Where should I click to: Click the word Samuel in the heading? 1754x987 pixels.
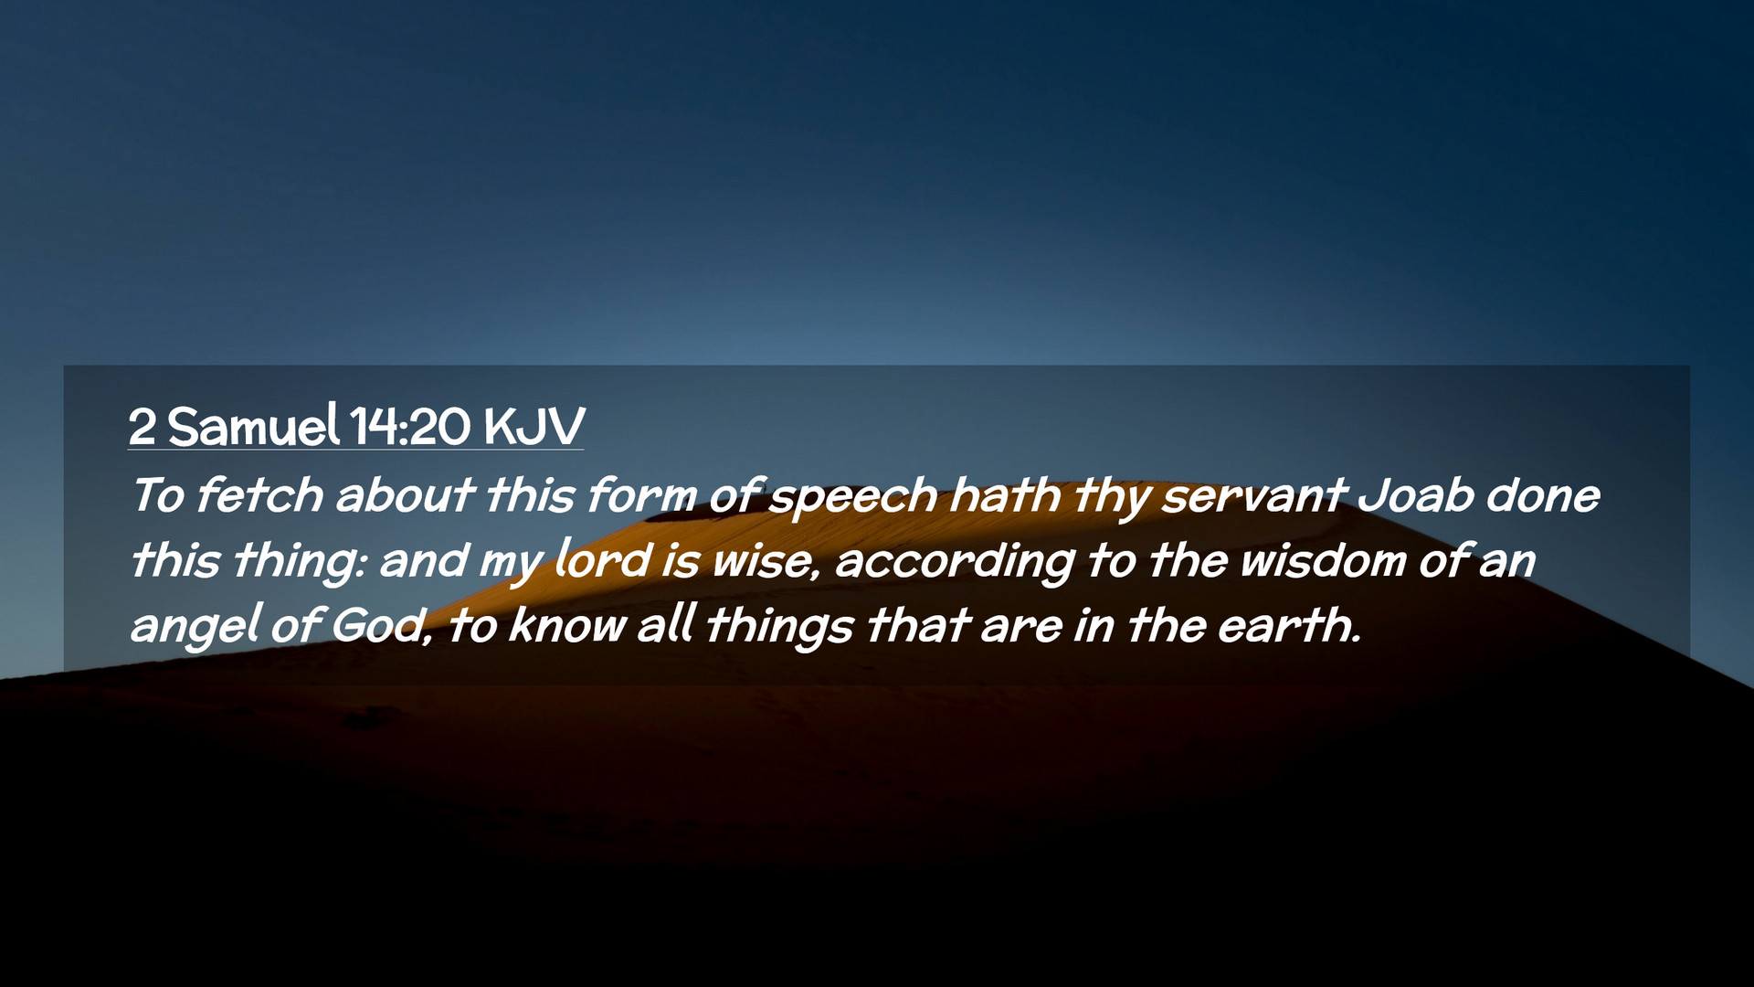point(254,425)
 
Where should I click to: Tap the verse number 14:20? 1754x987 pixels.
point(410,426)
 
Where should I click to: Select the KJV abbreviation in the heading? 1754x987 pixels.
point(534,426)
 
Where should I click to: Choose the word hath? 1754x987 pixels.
point(1005,494)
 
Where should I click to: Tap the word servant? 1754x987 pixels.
point(1253,496)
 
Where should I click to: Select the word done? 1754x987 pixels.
point(1543,494)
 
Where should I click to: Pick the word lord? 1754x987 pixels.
point(603,558)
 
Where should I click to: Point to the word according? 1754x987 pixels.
point(955,562)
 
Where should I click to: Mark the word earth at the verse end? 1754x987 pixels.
point(1289,625)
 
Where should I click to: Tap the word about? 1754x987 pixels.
point(404,494)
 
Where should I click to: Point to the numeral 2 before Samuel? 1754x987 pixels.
point(143,427)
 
